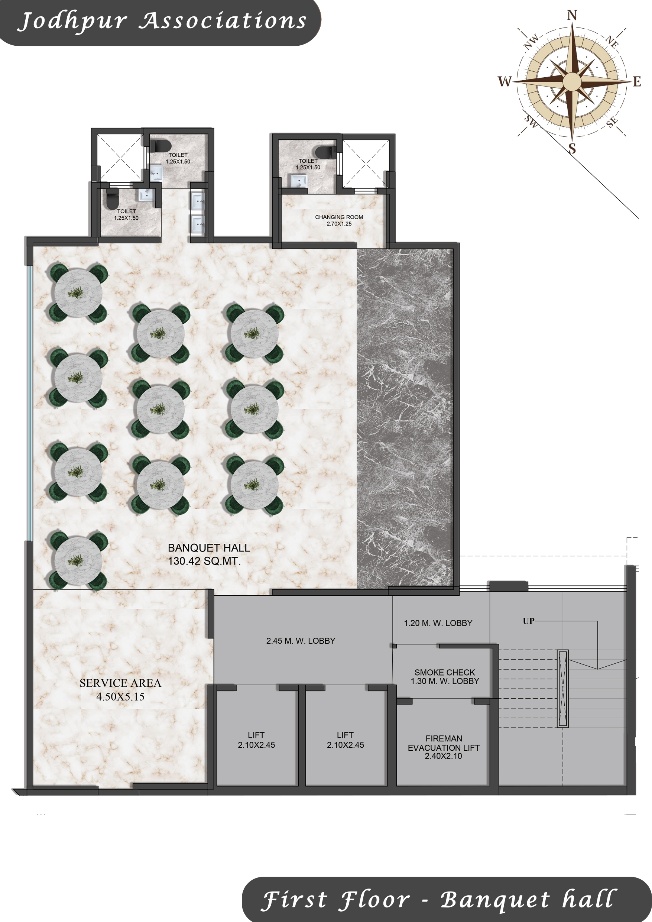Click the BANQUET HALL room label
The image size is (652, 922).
click(x=209, y=548)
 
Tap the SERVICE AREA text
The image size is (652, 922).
click(x=120, y=683)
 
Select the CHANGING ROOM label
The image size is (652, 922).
click(x=339, y=217)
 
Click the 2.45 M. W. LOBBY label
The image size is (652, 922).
click(x=301, y=641)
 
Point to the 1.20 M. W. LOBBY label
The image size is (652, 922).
click(x=438, y=623)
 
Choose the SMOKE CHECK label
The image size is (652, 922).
click(x=444, y=672)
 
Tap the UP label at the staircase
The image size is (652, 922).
click(x=528, y=621)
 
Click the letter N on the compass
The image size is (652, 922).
click(x=572, y=15)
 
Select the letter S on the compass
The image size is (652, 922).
click(x=572, y=149)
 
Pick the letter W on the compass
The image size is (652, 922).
click(x=505, y=81)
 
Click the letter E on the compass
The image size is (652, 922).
click(x=637, y=82)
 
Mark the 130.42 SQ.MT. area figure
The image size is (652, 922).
click(x=204, y=561)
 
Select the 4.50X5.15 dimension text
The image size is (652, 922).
click(x=120, y=697)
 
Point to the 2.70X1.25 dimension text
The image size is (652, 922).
click(x=339, y=224)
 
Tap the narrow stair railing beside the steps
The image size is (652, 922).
click(x=562, y=689)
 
